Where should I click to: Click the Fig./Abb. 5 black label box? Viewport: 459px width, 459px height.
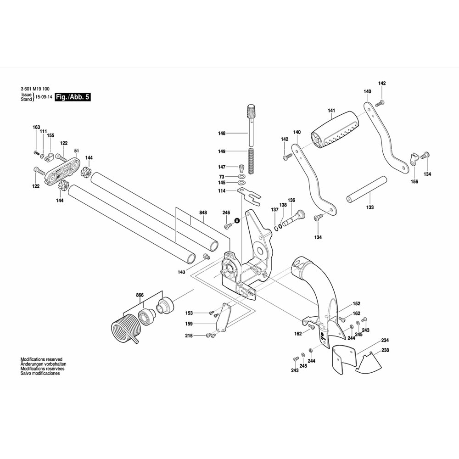click(72, 97)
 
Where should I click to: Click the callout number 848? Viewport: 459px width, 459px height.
click(203, 213)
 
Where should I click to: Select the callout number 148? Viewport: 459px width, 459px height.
click(222, 133)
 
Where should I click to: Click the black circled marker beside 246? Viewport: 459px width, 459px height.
click(237, 221)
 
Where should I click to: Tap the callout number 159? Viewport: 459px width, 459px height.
click(189, 324)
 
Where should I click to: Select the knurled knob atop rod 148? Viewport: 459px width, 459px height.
click(251, 111)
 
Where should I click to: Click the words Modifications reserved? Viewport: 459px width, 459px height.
click(41, 359)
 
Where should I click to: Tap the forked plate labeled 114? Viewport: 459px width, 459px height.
click(248, 195)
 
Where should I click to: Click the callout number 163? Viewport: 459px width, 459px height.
click(36, 127)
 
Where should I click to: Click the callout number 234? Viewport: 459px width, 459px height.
click(385, 340)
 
